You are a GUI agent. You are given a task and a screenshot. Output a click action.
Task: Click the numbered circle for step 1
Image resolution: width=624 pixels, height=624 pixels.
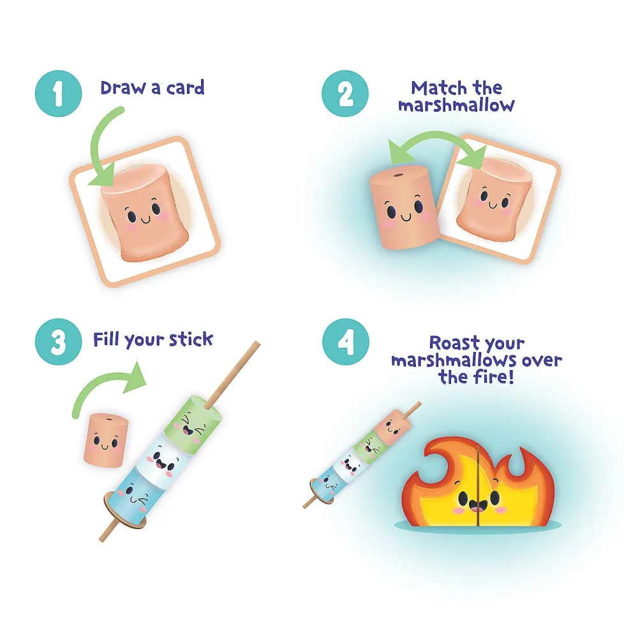click(59, 94)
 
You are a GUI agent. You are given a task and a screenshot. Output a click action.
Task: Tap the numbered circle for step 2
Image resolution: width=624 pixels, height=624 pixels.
click(345, 94)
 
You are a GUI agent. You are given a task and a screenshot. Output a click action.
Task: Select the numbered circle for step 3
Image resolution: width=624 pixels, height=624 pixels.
click(59, 342)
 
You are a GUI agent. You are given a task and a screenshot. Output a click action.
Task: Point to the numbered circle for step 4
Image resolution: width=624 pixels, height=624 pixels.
click(345, 342)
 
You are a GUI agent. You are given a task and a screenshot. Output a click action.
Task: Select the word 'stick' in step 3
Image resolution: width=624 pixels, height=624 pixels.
click(191, 339)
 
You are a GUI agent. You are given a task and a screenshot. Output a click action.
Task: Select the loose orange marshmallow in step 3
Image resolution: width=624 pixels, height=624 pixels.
click(106, 440)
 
